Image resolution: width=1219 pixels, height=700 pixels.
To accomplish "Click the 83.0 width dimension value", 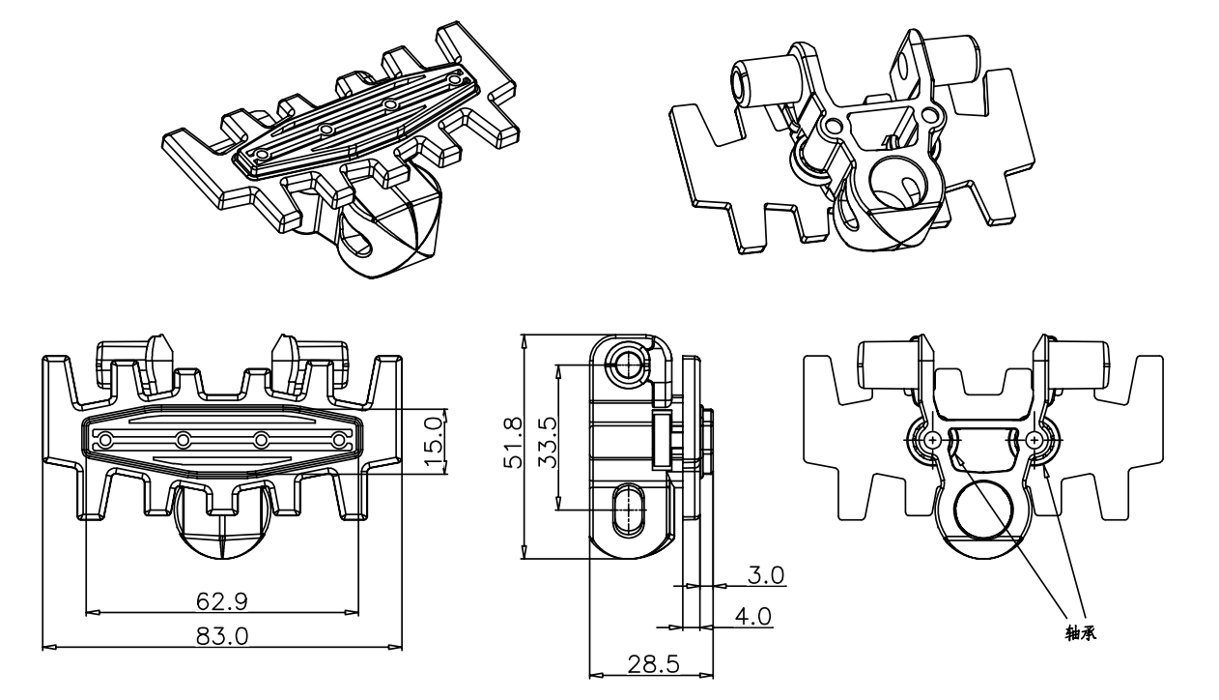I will pyautogui.click(x=222, y=635).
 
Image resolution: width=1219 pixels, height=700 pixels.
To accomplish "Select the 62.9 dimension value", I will pyautogui.click(x=222, y=600).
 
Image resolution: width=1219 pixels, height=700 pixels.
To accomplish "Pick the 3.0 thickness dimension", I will pyautogui.click(x=766, y=575).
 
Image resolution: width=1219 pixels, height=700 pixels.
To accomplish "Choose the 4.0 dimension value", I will pyautogui.click(x=752, y=616).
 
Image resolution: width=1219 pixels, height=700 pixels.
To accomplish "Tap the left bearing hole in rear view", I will pyautogui.click(x=931, y=440).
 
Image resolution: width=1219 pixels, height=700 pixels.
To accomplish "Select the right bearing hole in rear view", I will pyautogui.click(x=1035, y=440).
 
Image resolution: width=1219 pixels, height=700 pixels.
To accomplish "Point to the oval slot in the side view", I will pyautogui.click(x=629, y=507).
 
